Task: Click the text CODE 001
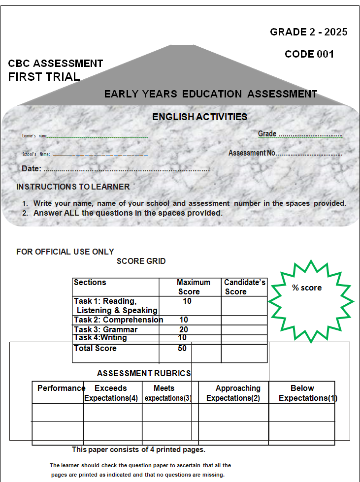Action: click(309, 54)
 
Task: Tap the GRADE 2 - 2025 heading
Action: click(309, 32)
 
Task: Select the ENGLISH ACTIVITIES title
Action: click(199, 117)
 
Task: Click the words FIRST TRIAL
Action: click(44, 77)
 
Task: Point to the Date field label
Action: click(31, 169)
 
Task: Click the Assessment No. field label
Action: click(252, 153)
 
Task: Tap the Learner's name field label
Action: click(34, 136)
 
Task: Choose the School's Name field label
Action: click(36, 155)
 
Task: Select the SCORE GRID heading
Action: click(141, 261)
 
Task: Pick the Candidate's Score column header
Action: click(244, 287)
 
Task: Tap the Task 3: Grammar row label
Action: click(105, 330)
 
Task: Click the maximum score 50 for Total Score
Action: click(182, 349)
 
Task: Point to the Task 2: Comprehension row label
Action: click(118, 320)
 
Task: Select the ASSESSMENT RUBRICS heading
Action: click(144, 374)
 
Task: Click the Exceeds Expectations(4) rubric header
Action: click(111, 393)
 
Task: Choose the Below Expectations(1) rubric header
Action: click(302, 393)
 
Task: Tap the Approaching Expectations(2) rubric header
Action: click(233, 393)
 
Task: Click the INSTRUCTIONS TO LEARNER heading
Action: click(73, 187)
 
